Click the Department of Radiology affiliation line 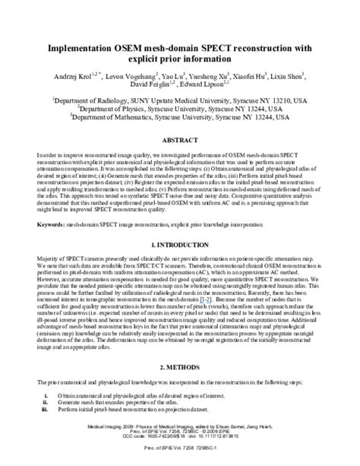pyautogui.click(x=179, y=100)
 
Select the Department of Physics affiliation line pyautogui.click(x=180, y=109)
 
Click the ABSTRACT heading pyautogui.click(x=179, y=142)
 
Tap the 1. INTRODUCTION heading pyautogui.click(x=179, y=246)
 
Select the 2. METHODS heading pyautogui.click(x=179, y=366)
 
